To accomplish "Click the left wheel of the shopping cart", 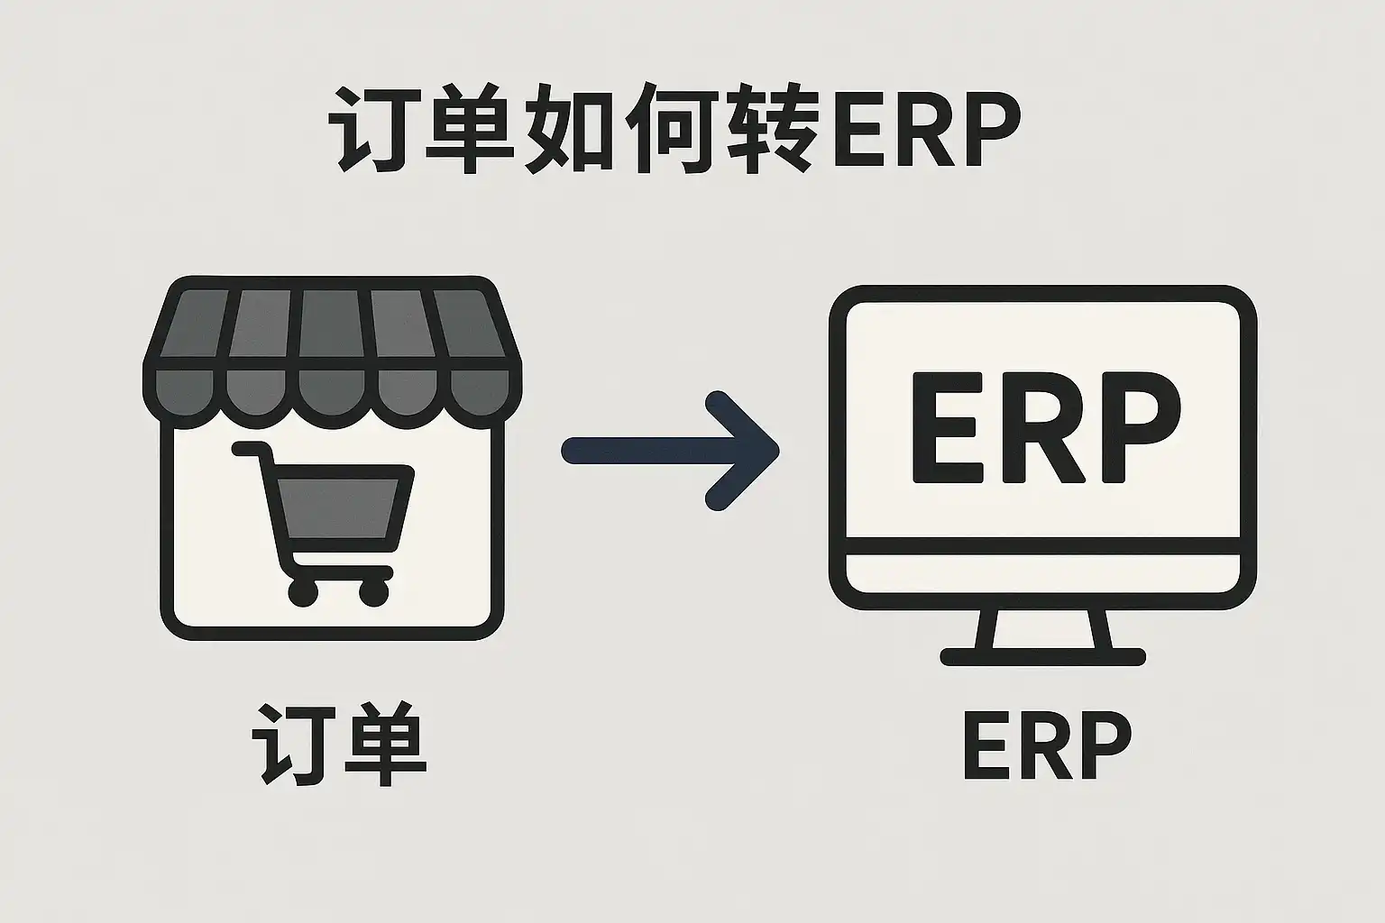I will [303, 592].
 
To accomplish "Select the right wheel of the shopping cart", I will [373, 592].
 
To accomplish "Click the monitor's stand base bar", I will [1043, 656].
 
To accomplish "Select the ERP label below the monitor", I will [1046, 747].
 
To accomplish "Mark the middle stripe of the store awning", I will [333, 324].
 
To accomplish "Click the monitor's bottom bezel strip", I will [1043, 572].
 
